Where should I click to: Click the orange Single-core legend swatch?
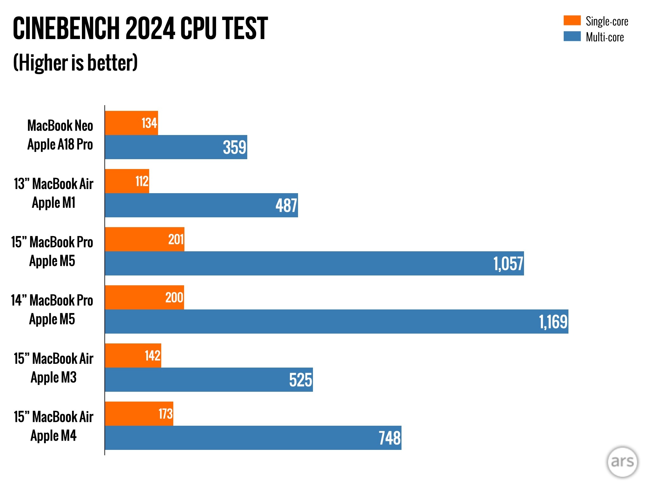pos(572,20)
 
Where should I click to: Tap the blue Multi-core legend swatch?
pos(572,36)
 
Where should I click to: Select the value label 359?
pos(235,147)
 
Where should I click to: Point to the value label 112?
pos(142,181)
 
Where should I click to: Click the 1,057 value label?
pos(508,264)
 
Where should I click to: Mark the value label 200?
pos(174,298)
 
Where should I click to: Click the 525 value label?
pos(301,380)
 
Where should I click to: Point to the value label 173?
pos(166,414)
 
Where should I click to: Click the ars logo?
pos(622,462)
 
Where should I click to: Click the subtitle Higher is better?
pos(76,63)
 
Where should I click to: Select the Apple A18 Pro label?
pos(60,145)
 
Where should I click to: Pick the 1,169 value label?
pos(553,322)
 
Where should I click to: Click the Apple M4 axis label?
pos(53,436)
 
